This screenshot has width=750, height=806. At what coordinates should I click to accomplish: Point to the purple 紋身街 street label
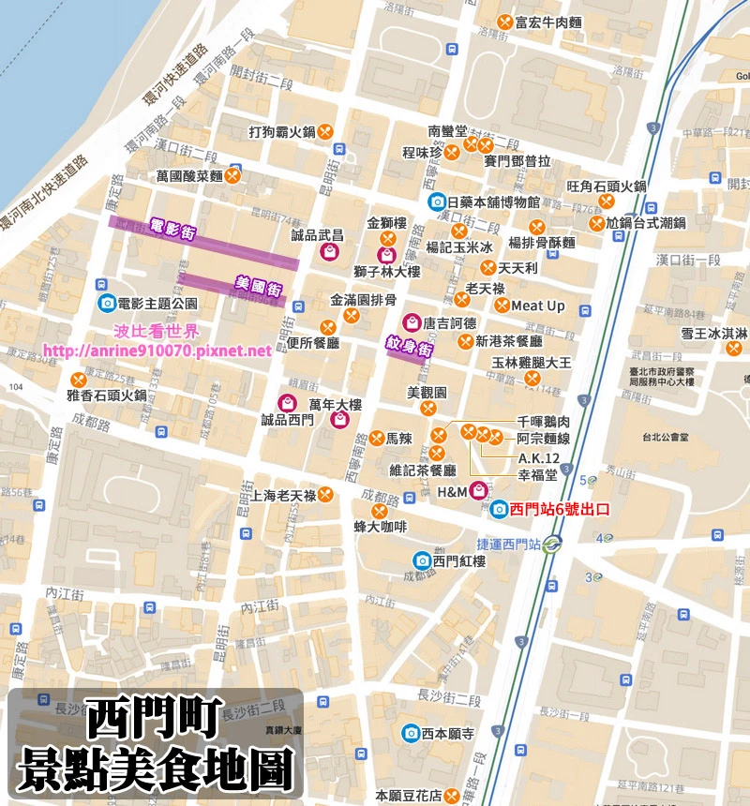(x=410, y=346)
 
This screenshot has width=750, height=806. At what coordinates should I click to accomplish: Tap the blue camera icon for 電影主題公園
(x=107, y=303)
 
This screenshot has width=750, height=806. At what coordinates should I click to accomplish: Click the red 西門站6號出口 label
(x=560, y=510)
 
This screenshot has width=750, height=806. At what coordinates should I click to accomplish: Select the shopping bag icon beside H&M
(x=478, y=489)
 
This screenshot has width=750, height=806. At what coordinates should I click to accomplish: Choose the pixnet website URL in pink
(x=157, y=351)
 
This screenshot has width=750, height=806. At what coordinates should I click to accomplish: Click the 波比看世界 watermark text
(x=157, y=332)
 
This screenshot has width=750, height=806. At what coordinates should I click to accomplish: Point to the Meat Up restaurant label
(x=537, y=306)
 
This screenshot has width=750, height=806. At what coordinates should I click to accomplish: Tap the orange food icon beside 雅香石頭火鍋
(x=80, y=380)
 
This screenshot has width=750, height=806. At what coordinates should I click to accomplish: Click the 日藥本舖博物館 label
(x=493, y=201)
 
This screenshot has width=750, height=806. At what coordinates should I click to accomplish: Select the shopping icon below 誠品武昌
(x=329, y=252)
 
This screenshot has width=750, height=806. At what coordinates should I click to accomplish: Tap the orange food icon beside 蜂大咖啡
(x=380, y=512)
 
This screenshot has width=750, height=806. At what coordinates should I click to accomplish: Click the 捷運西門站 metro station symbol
(x=554, y=543)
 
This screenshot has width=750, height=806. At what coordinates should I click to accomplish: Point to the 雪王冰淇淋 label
(x=713, y=333)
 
